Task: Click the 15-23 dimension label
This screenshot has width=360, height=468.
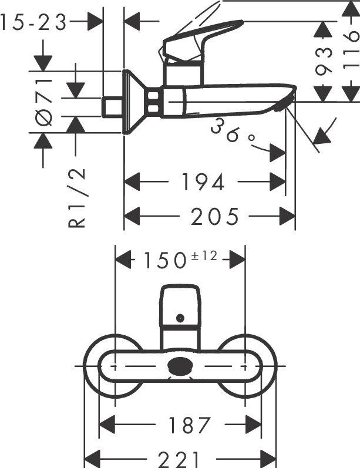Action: pyautogui.click(x=33, y=23)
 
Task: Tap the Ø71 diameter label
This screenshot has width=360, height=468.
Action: pyautogui.click(x=43, y=102)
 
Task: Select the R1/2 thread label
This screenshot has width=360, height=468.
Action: pyautogui.click(x=77, y=198)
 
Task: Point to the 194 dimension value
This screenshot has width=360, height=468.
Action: pyautogui.click(x=203, y=182)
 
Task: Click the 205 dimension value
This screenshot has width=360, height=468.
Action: pyautogui.click(x=214, y=217)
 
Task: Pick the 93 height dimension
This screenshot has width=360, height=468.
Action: pyautogui.click(x=324, y=60)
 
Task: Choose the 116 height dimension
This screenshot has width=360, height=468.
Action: pyautogui.click(x=351, y=49)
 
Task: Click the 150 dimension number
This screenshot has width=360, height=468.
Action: pyautogui.click(x=165, y=260)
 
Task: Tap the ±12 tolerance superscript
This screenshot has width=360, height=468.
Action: pyautogui.click(x=204, y=256)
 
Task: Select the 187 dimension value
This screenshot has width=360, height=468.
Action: pyautogui.click(x=190, y=425)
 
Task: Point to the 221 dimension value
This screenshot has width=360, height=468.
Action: pyautogui.click(x=179, y=460)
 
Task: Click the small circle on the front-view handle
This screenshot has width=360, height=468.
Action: pyautogui.click(x=180, y=318)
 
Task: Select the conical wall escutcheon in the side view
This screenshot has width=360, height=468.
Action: pyautogui.click(x=135, y=102)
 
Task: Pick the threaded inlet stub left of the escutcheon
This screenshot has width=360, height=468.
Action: pyautogui.click(x=112, y=107)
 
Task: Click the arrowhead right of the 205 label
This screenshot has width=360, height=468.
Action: pyautogui.click(x=287, y=217)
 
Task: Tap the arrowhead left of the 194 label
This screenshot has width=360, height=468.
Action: pyautogui.click(x=132, y=182)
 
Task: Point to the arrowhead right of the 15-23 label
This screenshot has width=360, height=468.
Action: pyautogui.click(x=96, y=22)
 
